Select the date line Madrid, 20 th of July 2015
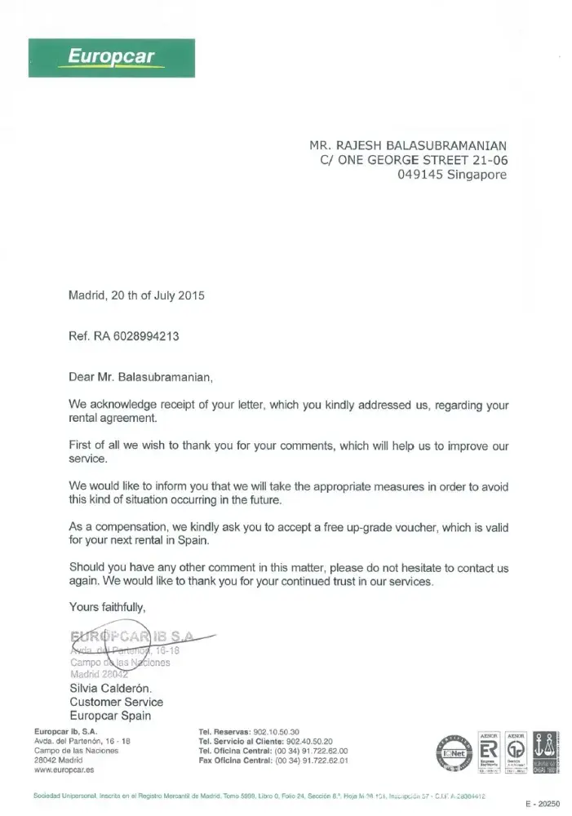click(136, 296)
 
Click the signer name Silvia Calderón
click(111, 688)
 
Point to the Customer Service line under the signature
click(116, 702)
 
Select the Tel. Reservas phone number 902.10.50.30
click(277, 731)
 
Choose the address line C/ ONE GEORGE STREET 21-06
click(415, 160)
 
